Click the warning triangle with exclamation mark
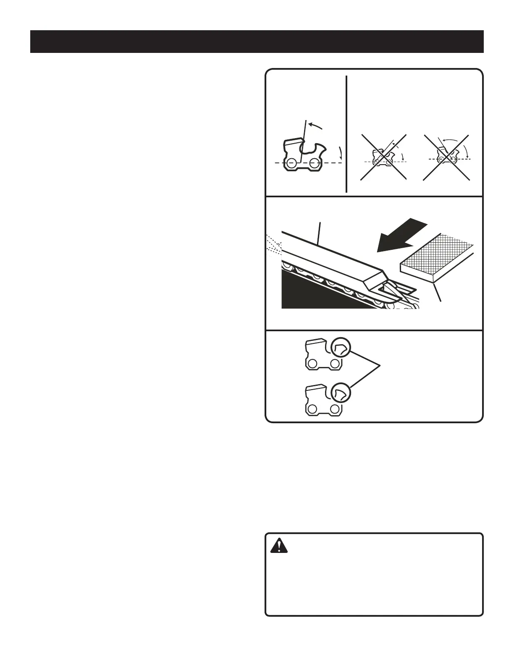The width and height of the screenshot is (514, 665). click(278, 546)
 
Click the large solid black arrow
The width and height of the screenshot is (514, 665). click(401, 236)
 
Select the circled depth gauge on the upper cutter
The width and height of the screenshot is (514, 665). click(340, 347)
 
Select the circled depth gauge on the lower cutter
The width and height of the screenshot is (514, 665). click(340, 393)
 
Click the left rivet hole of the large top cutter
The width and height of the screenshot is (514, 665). click(290, 162)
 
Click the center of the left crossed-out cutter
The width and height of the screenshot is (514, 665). click(383, 157)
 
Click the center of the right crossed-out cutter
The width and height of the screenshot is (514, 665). click(446, 157)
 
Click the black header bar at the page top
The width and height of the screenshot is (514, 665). click(257, 42)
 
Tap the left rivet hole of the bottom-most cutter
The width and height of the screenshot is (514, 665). click(312, 409)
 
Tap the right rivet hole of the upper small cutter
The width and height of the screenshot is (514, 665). click(334, 364)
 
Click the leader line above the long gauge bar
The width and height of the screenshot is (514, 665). click(320, 233)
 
